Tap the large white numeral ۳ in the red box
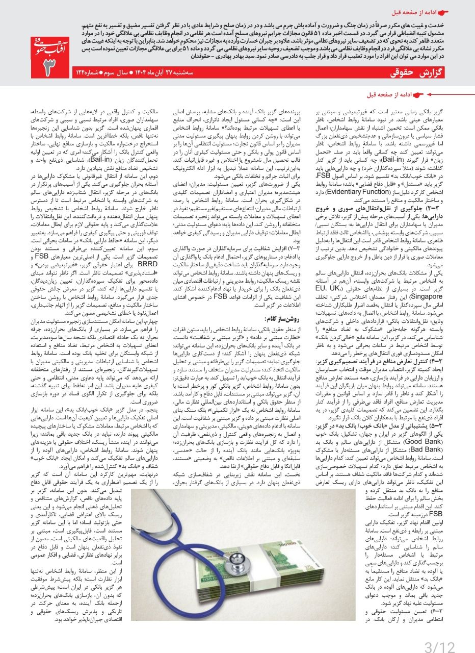click(50, 65)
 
